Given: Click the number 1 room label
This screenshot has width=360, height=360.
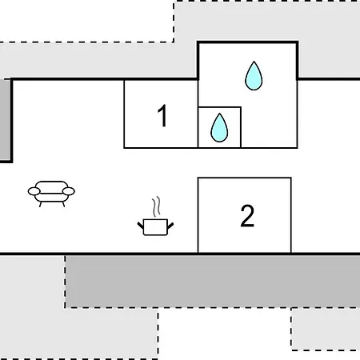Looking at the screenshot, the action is tap(162, 115).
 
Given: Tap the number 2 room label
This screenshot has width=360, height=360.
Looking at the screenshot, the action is tap(247, 216).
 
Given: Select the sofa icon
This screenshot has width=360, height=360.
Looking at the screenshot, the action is tap(51, 194).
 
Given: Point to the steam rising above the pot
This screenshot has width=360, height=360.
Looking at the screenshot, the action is tap(157, 206).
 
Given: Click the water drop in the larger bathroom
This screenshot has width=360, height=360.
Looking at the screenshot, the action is tap(254, 76).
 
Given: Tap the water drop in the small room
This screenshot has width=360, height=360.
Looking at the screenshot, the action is tap(219, 128).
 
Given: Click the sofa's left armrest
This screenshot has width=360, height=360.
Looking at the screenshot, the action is tap(34, 191).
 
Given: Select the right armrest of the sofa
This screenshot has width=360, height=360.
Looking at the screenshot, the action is tap(69, 191).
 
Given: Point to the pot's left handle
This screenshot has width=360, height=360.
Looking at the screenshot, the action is tap(141, 226).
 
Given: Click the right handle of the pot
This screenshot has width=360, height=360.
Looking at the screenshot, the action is tap(170, 226).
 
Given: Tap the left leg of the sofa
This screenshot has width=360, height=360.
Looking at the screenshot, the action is tap(41, 204).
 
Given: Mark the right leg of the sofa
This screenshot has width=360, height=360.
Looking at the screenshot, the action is tap(63, 204).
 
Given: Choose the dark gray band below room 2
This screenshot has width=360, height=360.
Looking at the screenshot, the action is tap(213, 282).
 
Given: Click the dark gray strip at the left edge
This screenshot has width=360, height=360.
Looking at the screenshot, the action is tap(5, 119).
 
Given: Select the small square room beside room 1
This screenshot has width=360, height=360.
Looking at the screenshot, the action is tap(219, 127).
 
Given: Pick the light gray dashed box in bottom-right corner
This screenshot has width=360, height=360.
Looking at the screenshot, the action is tap(326, 329).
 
